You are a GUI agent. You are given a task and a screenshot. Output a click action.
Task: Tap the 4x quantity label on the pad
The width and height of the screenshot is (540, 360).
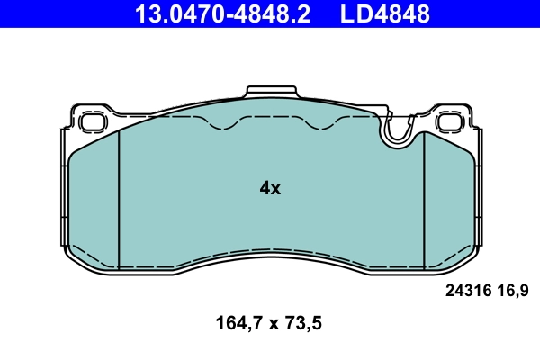point(270,188)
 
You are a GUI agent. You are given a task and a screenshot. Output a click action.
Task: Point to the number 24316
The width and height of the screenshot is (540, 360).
point(467,290)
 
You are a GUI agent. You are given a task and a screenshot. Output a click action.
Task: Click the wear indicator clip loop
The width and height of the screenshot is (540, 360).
point(397,133)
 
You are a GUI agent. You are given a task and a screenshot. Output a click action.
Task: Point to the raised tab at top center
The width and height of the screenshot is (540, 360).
point(270,94)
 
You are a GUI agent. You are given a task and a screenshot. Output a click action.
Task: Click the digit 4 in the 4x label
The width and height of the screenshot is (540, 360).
point(265,188)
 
